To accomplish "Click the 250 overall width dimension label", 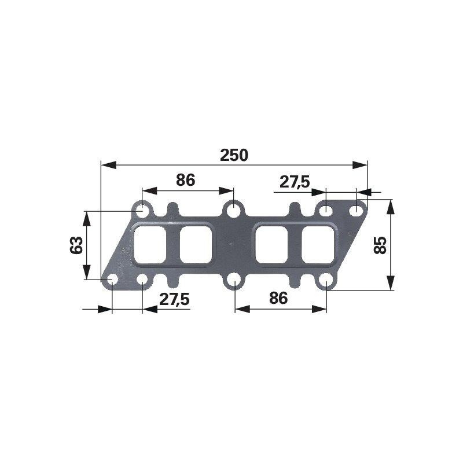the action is (x=234, y=155).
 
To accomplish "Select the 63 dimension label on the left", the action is (x=76, y=245).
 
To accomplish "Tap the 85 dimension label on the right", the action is (x=380, y=245).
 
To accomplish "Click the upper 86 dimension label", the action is (x=185, y=180).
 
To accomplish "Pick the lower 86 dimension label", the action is (x=278, y=298).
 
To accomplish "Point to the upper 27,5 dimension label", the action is (x=295, y=182).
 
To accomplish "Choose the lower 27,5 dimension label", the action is (x=174, y=299).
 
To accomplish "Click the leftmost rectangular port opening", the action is (x=150, y=244).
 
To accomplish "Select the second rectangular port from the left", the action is (x=196, y=244).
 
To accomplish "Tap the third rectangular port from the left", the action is (x=271, y=244).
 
